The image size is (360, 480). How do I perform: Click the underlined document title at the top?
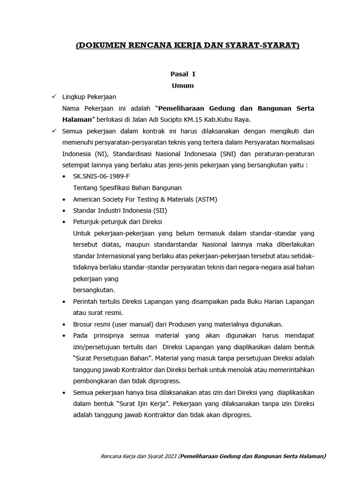point(187,45)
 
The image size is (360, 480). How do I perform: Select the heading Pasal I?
point(182,74)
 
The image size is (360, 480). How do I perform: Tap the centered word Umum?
point(182,85)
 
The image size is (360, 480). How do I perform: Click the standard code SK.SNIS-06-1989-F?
point(101,176)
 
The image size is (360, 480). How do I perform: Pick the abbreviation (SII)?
point(159,210)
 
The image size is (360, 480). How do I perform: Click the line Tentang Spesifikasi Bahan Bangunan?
point(127,187)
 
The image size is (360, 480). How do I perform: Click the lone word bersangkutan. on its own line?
point(94,290)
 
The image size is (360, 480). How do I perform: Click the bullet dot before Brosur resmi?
point(64,324)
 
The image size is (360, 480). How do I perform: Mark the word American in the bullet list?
point(88,199)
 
